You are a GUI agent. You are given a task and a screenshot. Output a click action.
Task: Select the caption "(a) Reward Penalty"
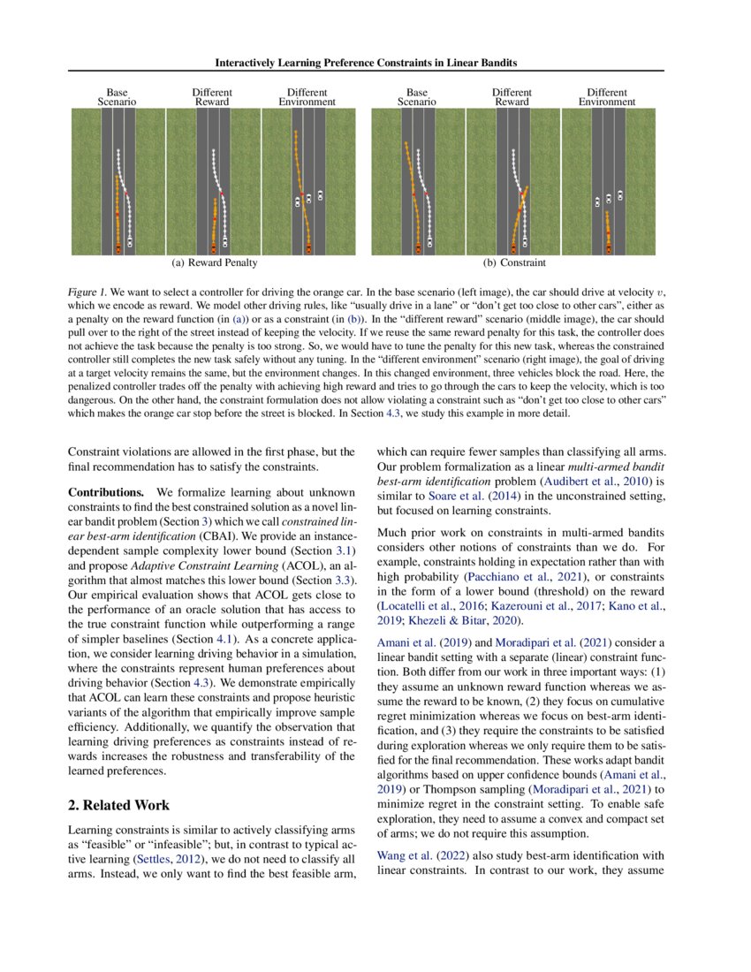[x=215, y=262]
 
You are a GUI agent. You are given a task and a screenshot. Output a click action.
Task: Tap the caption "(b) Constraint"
[x=514, y=262]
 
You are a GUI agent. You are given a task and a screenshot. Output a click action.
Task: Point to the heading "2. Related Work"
[x=118, y=805]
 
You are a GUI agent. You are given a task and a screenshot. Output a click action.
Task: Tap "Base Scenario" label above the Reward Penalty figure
[x=117, y=97]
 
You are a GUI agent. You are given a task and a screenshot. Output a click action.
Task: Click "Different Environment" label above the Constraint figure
[x=606, y=97]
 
